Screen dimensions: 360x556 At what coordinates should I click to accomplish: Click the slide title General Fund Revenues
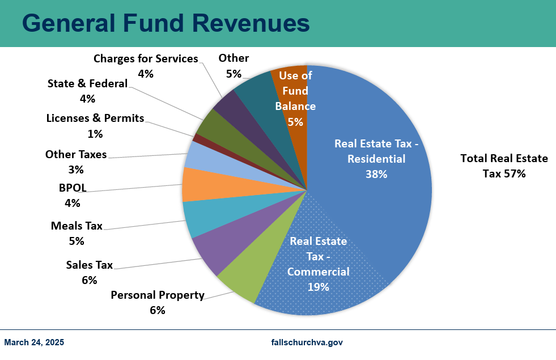pyautogui.click(x=165, y=24)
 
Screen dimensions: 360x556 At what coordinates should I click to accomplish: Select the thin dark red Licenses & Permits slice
pyautogui.click(x=198, y=138)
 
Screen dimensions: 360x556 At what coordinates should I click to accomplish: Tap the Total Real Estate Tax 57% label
pyautogui.click(x=504, y=166)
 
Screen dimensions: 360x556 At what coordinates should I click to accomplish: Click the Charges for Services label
pyautogui.click(x=146, y=59)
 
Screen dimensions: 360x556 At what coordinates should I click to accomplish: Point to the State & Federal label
pyautogui.click(x=88, y=84)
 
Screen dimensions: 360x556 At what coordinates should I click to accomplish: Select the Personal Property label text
pyautogui.click(x=157, y=295)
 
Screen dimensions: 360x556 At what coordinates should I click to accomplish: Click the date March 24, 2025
pyautogui.click(x=34, y=342)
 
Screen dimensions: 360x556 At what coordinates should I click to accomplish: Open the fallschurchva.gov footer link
pyautogui.click(x=307, y=342)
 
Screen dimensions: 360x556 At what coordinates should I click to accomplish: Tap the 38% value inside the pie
pyautogui.click(x=376, y=175)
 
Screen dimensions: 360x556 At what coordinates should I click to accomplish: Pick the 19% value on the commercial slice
pyautogui.click(x=318, y=287)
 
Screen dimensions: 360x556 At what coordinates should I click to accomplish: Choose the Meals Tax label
pyautogui.click(x=77, y=226)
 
